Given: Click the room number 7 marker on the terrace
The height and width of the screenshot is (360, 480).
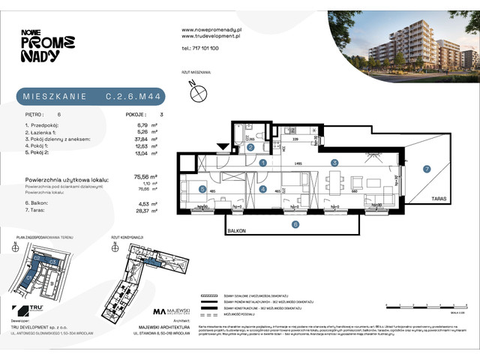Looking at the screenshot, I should (427, 169).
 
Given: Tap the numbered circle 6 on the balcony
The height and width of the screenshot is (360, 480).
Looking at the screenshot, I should (295, 223).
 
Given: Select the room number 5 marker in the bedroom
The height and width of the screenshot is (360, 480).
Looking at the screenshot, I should (202, 189).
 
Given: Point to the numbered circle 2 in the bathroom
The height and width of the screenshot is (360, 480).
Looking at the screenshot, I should (250, 148).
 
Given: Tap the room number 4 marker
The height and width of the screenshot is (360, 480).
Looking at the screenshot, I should (262, 189).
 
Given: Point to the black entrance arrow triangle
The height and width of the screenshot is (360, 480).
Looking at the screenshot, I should (223, 146).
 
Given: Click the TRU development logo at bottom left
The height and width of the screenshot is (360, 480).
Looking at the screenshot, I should (30, 310).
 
